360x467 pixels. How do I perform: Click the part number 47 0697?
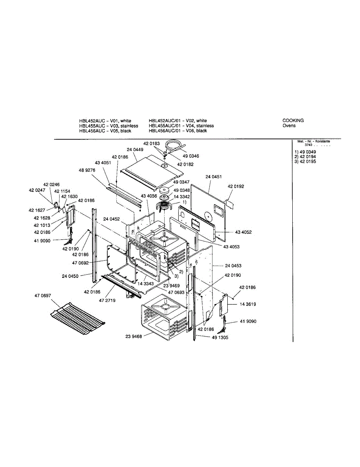pyautogui.click(x=42, y=296)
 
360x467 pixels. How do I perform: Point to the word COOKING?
pyautogui.click(x=293, y=121)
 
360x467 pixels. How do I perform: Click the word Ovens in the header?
pyautogui.click(x=289, y=126)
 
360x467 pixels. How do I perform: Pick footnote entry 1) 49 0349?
pyautogui.click(x=305, y=151)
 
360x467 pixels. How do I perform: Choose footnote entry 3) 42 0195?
pyautogui.click(x=305, y=162)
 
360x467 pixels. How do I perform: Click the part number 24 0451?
pyautogui.click(x=214, y=177)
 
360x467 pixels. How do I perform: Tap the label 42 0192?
pyautogui.click(x=236, y=186)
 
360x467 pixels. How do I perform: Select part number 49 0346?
pyautogui.click(x=191, y=156)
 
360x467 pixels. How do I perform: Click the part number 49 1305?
pyautogui.click(x=220, y=338)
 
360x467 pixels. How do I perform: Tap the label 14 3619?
pyautogui.click(x=248, y=304)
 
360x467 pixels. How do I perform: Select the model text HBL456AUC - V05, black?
pyautogui.click(x=105, y=131)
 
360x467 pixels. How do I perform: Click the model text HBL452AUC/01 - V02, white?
pyautogui.click(x=177, y=121)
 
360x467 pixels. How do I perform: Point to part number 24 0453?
pyautogui.click(x=233, y=266)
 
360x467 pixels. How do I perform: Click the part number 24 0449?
pyautogui.click(x=135, y=149)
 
